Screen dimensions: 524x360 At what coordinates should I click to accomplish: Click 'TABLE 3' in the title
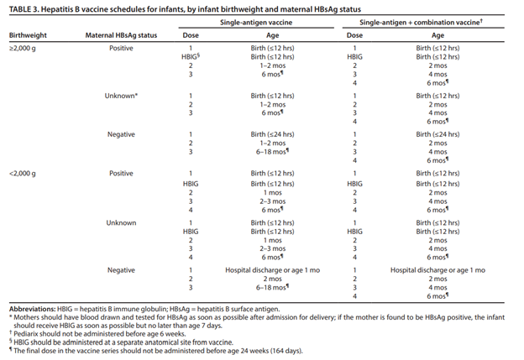point(23,9)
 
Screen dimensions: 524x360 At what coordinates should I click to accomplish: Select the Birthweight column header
point(28,35)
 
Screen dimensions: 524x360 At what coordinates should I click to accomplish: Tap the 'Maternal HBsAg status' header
point(121,35)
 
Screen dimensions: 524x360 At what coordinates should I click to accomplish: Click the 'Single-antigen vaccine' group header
point(256,23)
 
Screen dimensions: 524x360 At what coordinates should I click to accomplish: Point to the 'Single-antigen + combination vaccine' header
point(421,23)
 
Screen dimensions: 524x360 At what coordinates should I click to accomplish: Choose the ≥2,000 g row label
point(23,48)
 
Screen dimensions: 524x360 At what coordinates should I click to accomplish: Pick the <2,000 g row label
point(23,174)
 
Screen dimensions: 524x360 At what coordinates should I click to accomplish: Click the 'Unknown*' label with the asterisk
point(121,96)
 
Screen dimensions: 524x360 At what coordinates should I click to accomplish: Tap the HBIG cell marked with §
point(191,56)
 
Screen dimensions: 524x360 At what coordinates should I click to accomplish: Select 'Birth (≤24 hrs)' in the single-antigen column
point(272,134)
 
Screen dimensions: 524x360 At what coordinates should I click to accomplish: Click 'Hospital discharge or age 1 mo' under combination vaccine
point(438,270)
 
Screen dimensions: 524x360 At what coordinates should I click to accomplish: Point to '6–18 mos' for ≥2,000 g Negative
point(272,152)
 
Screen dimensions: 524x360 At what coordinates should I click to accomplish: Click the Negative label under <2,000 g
point(121,270)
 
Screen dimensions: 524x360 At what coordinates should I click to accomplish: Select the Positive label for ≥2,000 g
point(121,48)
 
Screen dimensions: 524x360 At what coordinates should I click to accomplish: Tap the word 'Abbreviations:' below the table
point(33,309)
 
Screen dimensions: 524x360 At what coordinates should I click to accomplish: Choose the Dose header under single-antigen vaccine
point(191,35)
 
